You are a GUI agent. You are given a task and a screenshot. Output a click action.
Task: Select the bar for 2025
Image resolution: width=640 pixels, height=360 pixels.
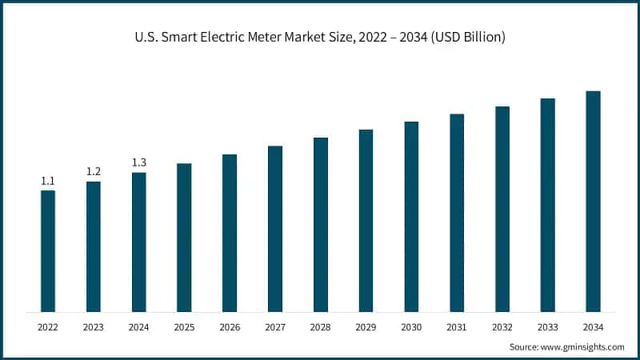(184, 238)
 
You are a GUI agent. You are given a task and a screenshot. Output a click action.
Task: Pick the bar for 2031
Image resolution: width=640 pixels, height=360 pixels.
(457, 213)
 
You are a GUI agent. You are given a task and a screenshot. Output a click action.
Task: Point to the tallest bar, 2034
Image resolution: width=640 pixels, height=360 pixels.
(593, 201)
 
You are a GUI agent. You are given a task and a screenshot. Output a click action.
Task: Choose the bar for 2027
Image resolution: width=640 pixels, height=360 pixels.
(275, 229)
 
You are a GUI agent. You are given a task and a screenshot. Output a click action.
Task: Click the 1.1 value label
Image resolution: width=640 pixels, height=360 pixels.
(48, 181)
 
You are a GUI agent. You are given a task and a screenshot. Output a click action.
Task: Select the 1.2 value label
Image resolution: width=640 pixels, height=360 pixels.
(94, 172)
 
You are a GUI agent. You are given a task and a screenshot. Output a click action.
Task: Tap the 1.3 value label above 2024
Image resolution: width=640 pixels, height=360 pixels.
(139, 162)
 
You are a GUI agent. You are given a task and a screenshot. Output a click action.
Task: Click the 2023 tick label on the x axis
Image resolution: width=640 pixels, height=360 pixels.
(94, 327)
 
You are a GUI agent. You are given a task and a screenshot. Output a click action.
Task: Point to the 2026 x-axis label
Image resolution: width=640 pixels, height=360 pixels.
(230, 327)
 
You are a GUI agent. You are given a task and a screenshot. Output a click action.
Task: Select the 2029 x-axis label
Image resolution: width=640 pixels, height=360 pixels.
(366, 327)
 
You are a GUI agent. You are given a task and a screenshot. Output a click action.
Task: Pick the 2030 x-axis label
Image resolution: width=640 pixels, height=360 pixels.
(411, 327)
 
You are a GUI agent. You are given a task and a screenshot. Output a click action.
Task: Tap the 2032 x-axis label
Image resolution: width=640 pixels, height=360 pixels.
(502, 327)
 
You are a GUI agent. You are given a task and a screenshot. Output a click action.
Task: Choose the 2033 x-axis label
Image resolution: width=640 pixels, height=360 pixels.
(547, 327)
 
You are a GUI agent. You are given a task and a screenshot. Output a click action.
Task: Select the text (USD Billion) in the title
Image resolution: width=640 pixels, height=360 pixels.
(465, 38)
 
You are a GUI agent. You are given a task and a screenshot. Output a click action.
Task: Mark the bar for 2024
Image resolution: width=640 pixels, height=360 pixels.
(139, 242)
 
